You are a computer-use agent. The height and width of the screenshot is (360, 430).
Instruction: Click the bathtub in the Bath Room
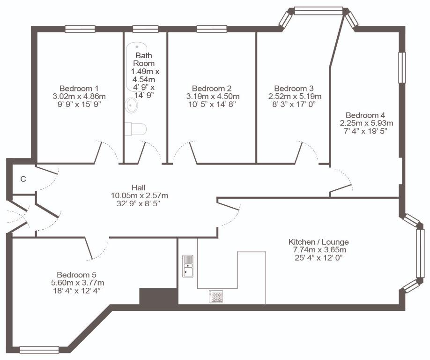[x=137, y=67]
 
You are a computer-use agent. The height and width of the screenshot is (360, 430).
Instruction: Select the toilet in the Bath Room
[x=135, y=129]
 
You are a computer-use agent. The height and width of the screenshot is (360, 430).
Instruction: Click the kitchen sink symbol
[x=188, y=266]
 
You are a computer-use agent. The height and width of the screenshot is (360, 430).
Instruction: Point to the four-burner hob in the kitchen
[x=216, y=296]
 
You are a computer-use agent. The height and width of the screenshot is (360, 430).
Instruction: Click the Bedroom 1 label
[x=79, y=88]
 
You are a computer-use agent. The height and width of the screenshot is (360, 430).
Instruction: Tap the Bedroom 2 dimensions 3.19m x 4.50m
[x=213, y=96]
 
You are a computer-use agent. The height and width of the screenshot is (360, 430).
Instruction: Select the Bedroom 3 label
[x=294, y=88]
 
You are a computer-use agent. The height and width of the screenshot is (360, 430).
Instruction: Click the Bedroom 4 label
[x=365, y=115]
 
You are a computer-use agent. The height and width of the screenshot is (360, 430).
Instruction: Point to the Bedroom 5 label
[x=76, y=275]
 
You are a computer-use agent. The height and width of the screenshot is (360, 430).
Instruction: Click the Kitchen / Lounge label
[x=319, y=242]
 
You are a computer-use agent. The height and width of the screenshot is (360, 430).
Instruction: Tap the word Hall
[x=139, y=187]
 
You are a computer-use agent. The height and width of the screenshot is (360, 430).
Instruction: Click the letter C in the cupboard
[x=23, y=179]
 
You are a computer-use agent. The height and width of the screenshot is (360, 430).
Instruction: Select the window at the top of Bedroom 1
[x=80, y=29]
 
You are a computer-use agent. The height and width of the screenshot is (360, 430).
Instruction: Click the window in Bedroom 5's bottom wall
[x=39, y=350]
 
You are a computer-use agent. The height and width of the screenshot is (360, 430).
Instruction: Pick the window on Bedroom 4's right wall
[x=402, y=67]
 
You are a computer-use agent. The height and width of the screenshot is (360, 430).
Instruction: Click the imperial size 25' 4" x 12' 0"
[x=318, y=258]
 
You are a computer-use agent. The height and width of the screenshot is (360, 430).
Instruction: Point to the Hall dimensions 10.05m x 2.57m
[x=140, y=195]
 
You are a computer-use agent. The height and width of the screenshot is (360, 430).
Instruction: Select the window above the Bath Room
[x=145, y=29]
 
